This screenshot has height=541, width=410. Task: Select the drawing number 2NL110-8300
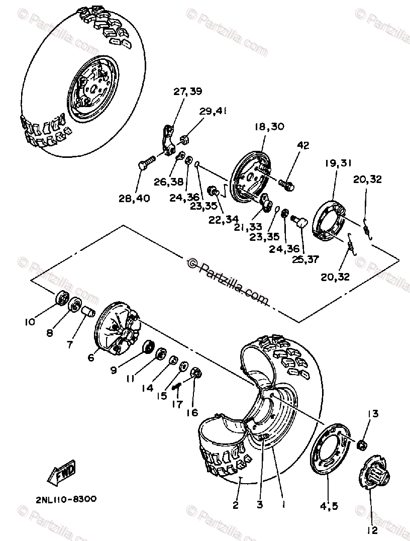66,499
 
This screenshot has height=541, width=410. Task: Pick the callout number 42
303,145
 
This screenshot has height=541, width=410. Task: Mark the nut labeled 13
361,444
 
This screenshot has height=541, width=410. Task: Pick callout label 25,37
306,259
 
